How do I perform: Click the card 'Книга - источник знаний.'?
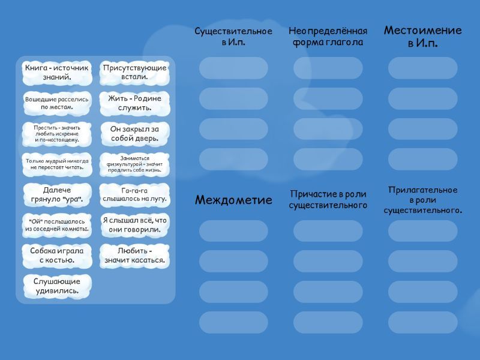coord(57,73)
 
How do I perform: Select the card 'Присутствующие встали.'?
coord(134,73)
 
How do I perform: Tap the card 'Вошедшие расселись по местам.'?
coord(57,103)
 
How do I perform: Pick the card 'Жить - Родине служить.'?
coord(134,103)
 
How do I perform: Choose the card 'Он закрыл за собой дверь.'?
coord(134,134)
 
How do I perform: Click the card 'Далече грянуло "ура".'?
coord(57,194)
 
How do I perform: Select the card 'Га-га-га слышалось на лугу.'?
coord(134,194)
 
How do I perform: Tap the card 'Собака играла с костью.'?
coord(57,256)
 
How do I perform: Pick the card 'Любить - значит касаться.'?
coord(134,256)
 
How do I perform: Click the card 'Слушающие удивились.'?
coord(57,286)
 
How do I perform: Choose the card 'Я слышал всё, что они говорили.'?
coord(134,225)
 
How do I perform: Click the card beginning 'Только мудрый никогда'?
coord(57,164)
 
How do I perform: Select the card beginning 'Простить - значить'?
coord(57,134)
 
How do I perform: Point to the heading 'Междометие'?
coord(233,200)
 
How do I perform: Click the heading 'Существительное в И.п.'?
coord(233,37)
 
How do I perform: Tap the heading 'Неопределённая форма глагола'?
coord(328,37)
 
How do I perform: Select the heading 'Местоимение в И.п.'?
coord(422,37)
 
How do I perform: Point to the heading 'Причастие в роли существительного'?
coord(328,200)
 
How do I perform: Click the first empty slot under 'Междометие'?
coord(233,231)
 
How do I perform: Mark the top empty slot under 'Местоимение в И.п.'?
coord(422,68)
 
